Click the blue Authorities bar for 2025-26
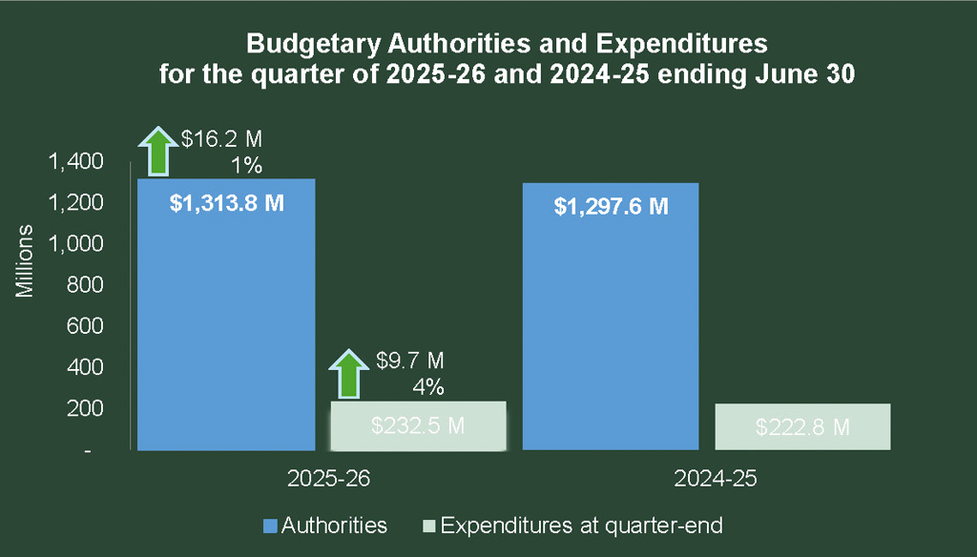point(226,324)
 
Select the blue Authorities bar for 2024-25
point(612,324)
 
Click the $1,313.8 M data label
point(227,205)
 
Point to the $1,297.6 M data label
point(612,206)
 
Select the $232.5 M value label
point(417,426)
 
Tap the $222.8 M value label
point(802,427)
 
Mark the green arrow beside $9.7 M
point(347,373)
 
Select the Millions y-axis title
point(26,262)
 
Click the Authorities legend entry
point(325,526)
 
